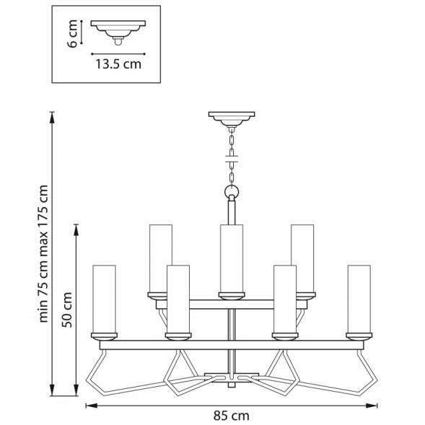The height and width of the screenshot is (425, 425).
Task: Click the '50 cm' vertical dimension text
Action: pyautogui.click(x=67, y=310)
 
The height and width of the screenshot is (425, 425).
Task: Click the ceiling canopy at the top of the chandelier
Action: pyautogui.click(x=231, y=116)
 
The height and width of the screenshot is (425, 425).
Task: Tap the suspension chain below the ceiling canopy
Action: pyautogui.click(x=231, y=154)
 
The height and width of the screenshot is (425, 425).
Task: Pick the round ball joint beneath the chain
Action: pyautogui.click(x=231, y=191)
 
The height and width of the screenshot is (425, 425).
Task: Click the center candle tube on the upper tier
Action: pyautogui.click(x=231, y=257)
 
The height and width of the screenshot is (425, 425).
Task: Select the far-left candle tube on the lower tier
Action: pyautogui.click(x=105, y=297)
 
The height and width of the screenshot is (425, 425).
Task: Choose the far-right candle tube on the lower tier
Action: pyautogui.click(x=358, y=297)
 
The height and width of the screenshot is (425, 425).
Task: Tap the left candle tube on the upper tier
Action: pyautogui.click(x=159, y=257)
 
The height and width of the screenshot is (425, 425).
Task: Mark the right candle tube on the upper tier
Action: pyautogui.click(x=302, y=257)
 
